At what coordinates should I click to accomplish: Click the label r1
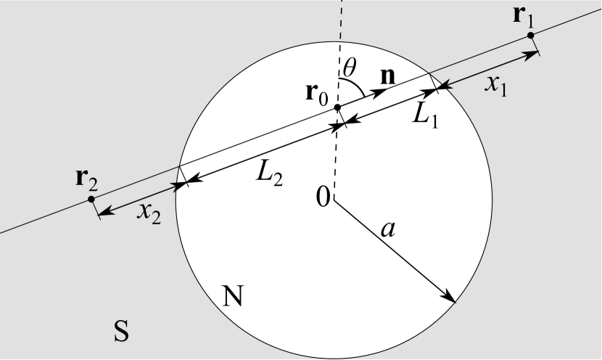click(523, 17)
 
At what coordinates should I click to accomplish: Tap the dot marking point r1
click(531, 35)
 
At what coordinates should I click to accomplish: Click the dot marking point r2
click(91, 199)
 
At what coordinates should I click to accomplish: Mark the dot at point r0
click(337, 107)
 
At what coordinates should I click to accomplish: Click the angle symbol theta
click(350, 67)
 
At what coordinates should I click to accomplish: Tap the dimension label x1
click(496, 85)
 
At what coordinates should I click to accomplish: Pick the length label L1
click(426, 115)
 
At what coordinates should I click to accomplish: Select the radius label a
click(388, 229)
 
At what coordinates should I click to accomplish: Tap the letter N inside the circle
click(232, 295)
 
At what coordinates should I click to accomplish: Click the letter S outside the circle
click(122, 332)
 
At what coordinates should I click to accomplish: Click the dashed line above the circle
click(342, 29)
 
